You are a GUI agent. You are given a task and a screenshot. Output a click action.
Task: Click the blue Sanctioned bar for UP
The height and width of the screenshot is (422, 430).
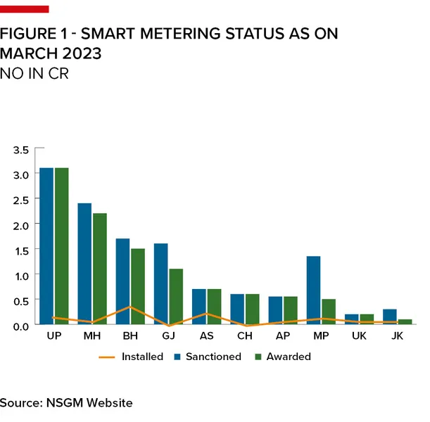point(46,246)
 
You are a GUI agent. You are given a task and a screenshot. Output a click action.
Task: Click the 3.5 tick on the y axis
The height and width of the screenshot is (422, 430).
point(22,150)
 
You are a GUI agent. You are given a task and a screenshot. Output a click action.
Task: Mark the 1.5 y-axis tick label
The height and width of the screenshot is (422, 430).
point(22,250)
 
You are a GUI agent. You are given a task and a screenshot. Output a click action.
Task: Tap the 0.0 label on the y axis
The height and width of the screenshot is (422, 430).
point(22,326)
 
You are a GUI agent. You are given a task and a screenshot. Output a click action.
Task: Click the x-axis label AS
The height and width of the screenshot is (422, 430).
point(207,337)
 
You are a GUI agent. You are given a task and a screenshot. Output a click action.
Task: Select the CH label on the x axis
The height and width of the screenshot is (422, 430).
point(245,337)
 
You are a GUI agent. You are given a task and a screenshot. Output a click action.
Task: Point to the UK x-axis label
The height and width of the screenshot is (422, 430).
point(359,337)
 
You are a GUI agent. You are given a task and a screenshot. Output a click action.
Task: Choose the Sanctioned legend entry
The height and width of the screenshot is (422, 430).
point(213,357)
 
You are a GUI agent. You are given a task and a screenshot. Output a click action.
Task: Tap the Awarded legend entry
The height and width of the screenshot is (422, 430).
point(288,357)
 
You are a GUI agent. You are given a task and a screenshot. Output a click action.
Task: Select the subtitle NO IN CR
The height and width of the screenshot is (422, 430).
point(34,73)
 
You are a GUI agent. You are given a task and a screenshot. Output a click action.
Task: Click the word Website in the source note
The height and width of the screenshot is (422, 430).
point(109,403)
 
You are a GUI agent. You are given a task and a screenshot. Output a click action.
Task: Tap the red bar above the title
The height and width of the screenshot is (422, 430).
point(25,9)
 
